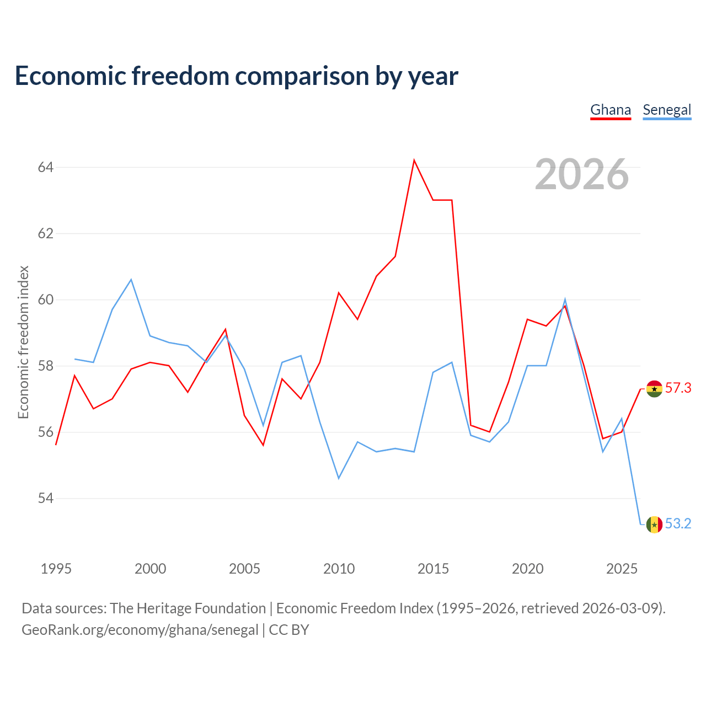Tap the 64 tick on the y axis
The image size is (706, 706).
46,167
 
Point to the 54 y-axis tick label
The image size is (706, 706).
46,498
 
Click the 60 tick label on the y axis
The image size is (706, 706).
46,299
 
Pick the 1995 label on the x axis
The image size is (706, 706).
56,569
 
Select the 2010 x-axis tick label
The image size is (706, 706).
339,569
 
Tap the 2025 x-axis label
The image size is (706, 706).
622,569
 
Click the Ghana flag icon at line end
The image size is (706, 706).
654,389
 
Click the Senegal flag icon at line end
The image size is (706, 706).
654,525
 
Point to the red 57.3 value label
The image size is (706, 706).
678,388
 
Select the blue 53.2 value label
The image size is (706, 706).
678,523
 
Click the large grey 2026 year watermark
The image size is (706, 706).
582,174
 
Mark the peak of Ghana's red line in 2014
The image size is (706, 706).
414,160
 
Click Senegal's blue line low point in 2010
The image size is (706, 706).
339,479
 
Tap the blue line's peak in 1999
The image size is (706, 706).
131,280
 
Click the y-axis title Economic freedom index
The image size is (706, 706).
23,342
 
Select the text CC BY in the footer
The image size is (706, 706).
288,630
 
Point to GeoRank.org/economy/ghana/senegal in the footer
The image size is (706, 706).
140,630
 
